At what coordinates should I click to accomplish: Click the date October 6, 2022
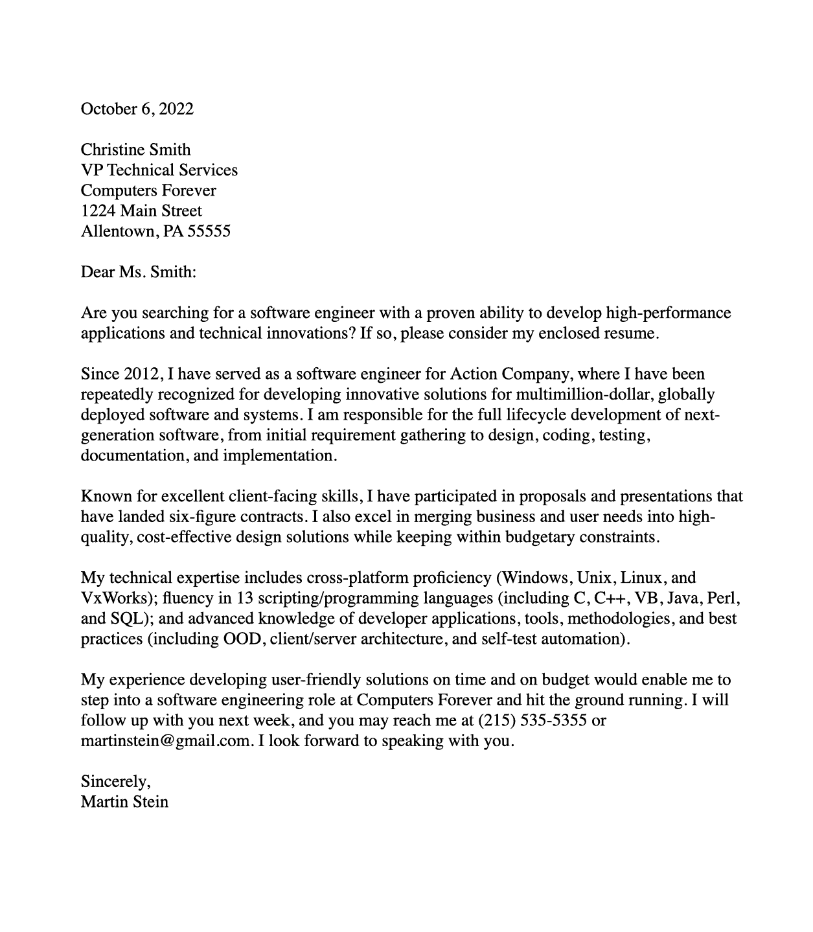coord(137,109)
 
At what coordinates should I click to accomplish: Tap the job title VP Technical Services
coord(159,170)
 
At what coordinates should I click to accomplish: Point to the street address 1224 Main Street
coord(141,211)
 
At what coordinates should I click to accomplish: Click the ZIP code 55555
coord(209,231)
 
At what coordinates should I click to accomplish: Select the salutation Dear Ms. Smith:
coord(138,272)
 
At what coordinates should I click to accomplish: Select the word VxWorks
coord(113,598)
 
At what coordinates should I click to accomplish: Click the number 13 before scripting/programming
coord(245,598)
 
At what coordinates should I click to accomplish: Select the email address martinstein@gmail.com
coord(166,741)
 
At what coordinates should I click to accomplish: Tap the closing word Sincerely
coord(114,782)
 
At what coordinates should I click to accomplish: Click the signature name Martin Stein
coord(124,802)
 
